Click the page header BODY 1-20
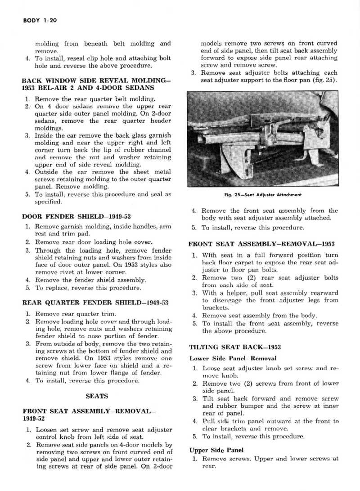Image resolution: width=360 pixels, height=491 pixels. point(38,21)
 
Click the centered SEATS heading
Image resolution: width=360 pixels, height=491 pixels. point(96,396)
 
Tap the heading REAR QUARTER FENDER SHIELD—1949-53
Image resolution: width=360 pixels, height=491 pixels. point(95,303)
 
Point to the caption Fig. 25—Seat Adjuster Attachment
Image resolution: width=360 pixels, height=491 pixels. point(263,195)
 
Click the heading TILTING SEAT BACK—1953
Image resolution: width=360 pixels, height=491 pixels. point(235,347)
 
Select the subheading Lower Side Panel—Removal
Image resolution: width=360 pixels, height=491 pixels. point(233,358)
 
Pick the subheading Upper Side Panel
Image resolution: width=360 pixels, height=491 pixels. point(216,450)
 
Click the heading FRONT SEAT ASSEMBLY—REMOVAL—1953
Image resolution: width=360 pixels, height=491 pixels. point(261,244)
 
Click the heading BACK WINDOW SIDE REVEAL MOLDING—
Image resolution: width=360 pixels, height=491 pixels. point(96,80)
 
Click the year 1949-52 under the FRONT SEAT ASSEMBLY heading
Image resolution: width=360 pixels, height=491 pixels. point(35,418)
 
